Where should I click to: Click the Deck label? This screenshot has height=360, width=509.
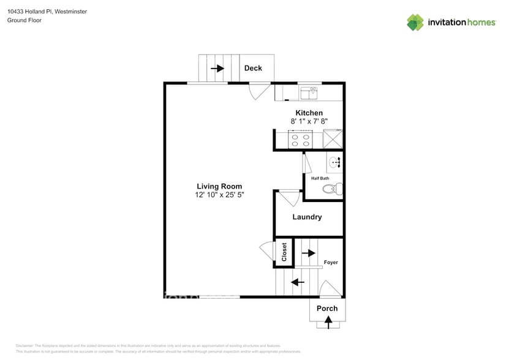click(253, 68)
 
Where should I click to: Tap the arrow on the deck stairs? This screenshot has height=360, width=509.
click(217, 69)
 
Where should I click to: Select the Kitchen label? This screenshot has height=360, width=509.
click(309, 113)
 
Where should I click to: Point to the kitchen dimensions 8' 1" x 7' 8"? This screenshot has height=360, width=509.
click(309, 122)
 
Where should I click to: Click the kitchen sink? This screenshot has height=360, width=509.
click(309, 93)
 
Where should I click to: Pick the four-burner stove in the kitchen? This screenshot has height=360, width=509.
click(299, 140)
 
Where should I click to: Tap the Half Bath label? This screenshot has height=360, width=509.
click(320, 178)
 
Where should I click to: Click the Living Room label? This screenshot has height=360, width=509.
click(219, 186)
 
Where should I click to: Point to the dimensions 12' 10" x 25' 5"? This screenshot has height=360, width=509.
click(219, 195)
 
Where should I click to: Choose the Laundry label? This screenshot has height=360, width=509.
click(307, 217)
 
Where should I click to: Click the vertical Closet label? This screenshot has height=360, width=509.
click(284, 252)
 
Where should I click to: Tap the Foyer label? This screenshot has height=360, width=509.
click(331, 263)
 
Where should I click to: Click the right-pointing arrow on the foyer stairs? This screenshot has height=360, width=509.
click(308, 252)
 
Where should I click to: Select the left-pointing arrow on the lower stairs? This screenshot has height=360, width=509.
click(298, 282)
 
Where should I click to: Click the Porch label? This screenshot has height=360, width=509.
click(327, 308)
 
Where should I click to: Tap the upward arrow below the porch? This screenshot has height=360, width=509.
click(328, 322)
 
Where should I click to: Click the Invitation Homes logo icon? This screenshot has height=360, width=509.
click(415, 22)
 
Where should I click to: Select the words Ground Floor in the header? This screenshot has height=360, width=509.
click(25, 20)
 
